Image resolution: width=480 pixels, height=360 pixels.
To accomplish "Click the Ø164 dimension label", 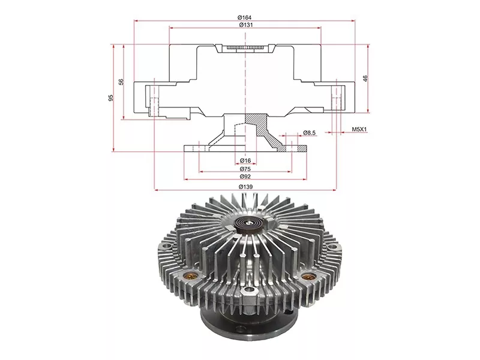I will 245,17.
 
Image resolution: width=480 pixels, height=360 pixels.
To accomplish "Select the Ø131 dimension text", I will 245,25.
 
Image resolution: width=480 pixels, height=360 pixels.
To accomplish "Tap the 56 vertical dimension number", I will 121,82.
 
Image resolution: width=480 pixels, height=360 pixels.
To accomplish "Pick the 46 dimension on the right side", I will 365,78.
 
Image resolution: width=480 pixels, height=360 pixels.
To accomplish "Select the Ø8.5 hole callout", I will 310,132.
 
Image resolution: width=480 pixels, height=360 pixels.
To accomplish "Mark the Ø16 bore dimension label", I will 245,161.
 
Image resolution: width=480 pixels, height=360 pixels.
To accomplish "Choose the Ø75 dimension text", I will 245,169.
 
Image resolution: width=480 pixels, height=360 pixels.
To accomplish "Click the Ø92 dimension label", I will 245,178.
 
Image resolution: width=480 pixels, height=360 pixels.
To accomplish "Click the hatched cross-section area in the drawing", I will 264,129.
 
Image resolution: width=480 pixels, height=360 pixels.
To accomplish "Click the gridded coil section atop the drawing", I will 245,47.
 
